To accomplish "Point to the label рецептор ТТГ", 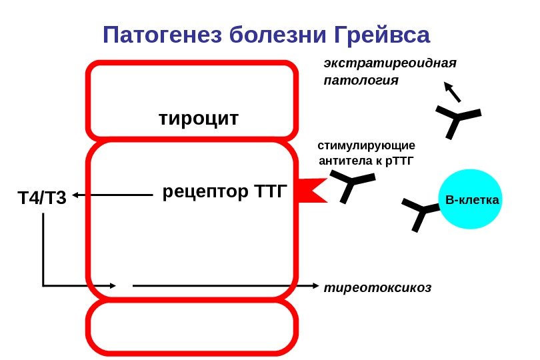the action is [224, 193].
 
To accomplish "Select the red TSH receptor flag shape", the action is [309, 189].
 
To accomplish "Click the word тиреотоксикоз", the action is [377, 288].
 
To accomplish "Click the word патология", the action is [361, 81].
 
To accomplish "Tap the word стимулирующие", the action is [366, 145].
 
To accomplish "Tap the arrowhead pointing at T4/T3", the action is [77, 195].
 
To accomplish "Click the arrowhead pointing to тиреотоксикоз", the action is [317, 286].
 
